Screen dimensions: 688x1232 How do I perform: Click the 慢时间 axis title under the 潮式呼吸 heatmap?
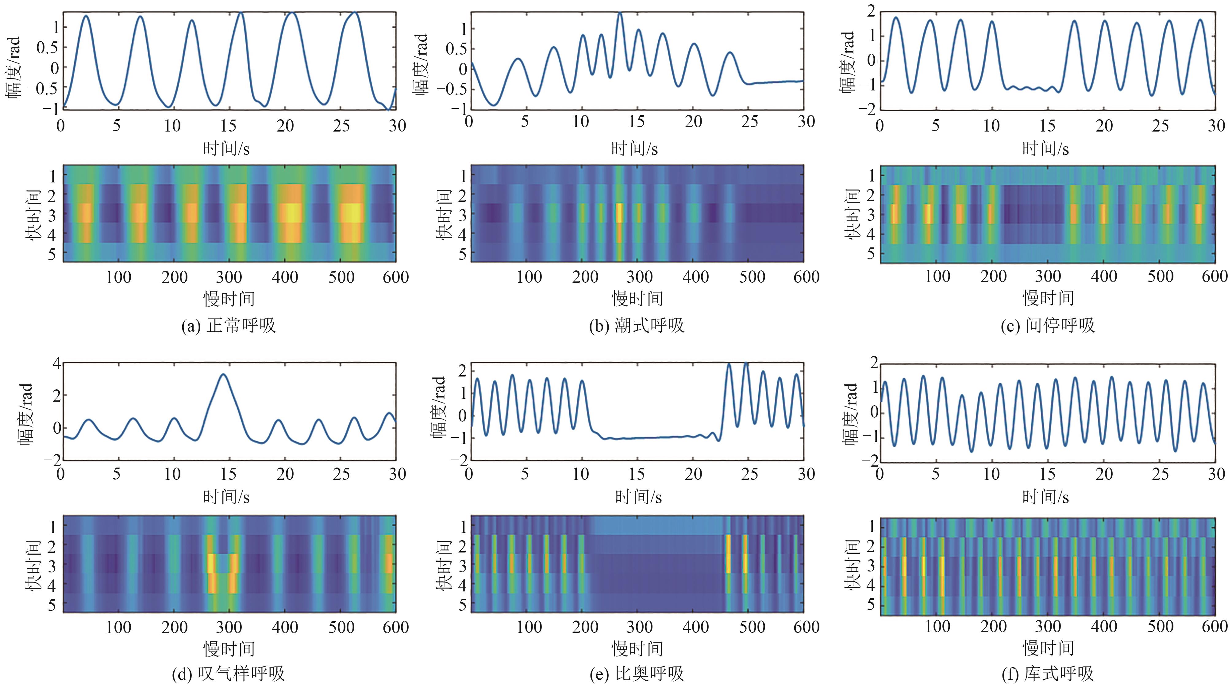pyautogui.click(x=637, y=299)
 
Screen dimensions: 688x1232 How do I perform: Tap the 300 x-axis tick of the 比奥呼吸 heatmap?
pyautogui.click(x=640, y=627)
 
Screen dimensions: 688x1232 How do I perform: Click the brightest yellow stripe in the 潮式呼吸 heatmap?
pyautogui.click(x=620, y=213)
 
